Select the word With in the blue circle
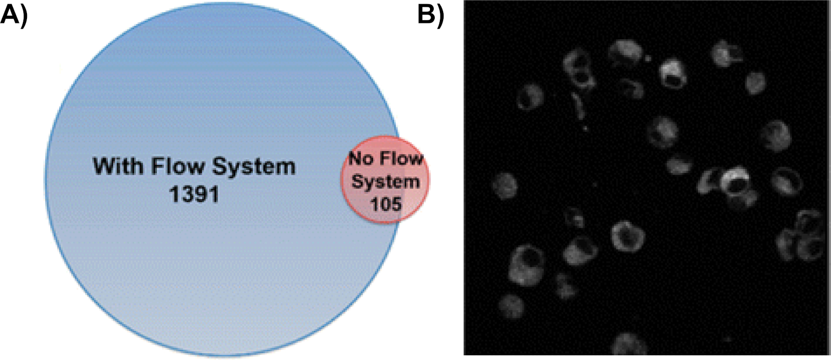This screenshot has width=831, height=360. pyautogui.click(x=119, y=166)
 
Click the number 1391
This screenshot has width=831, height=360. pyautogui.click(x=194, y=195)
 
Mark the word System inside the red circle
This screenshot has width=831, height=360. pyautogui.click(x=385, y=181)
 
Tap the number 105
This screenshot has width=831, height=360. pyautogui.click(x=385, y=204)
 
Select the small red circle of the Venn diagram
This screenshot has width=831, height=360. pyautogui.click(x=385, y=180)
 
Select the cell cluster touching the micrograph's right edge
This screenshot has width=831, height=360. pyautogui.click(x=803, y=236)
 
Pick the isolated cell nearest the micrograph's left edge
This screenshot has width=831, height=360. pyautogui.click(x=504, y=186)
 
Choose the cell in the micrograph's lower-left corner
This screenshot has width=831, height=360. pyautogui.click(x=511, y=305)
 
